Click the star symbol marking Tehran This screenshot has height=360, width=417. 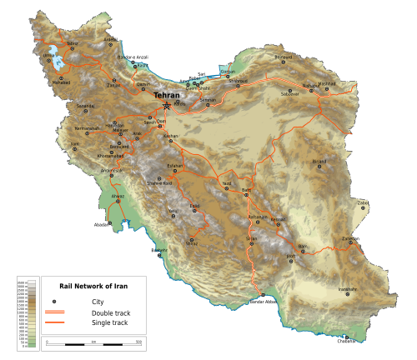click(168, 106)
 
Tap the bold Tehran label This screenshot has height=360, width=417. click(167, 96)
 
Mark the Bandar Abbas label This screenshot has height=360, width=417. click(262, 302)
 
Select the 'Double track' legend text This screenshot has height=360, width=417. click(99, 312)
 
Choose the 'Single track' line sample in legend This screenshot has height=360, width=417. click(54, 322)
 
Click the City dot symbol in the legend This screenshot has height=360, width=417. click(54, 301)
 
